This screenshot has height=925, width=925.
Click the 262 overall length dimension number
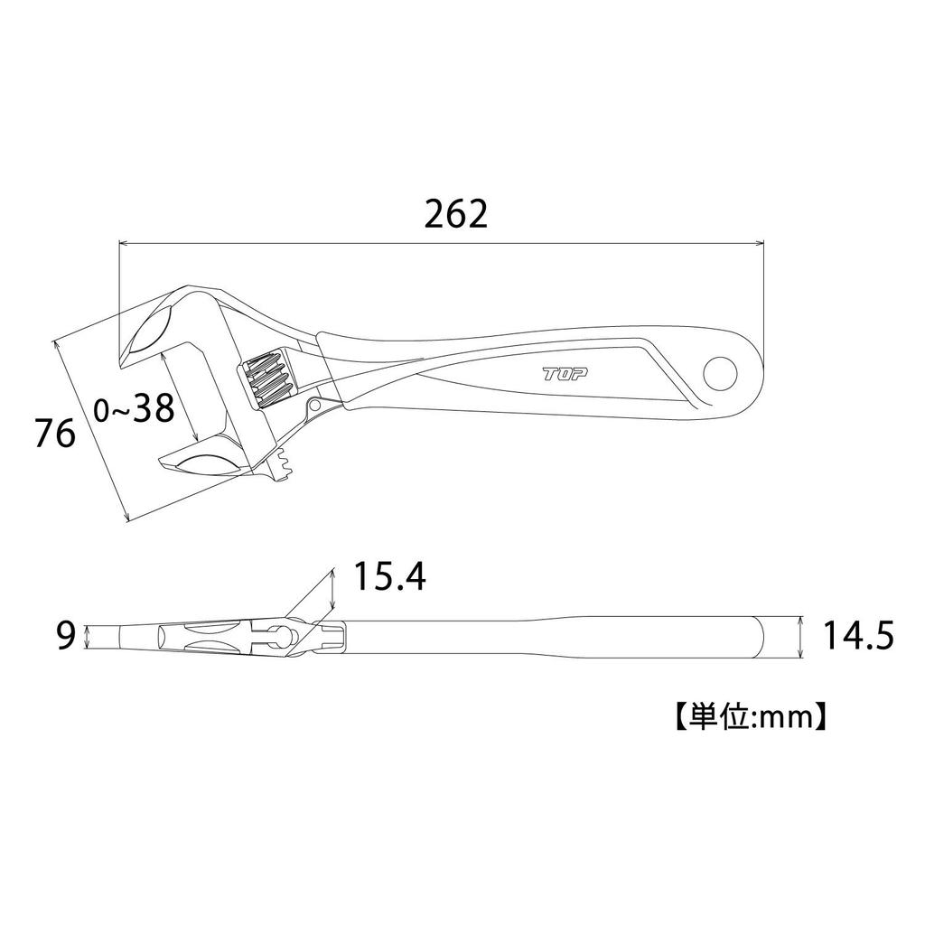click(x=455, y=213)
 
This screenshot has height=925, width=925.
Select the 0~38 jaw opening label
click(x=134, y=410)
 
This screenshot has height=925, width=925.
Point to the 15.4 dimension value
click(x=389, y=576)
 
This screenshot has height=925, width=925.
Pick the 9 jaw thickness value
click(x=64, y=637)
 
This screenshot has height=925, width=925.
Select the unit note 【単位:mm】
click(x=746, y=717)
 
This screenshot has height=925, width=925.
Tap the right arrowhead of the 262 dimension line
click(x=760, y=242)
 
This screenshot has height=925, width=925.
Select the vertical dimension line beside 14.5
click(x=801, y=637)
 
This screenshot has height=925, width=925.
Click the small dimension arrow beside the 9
click(x=88, y=637)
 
